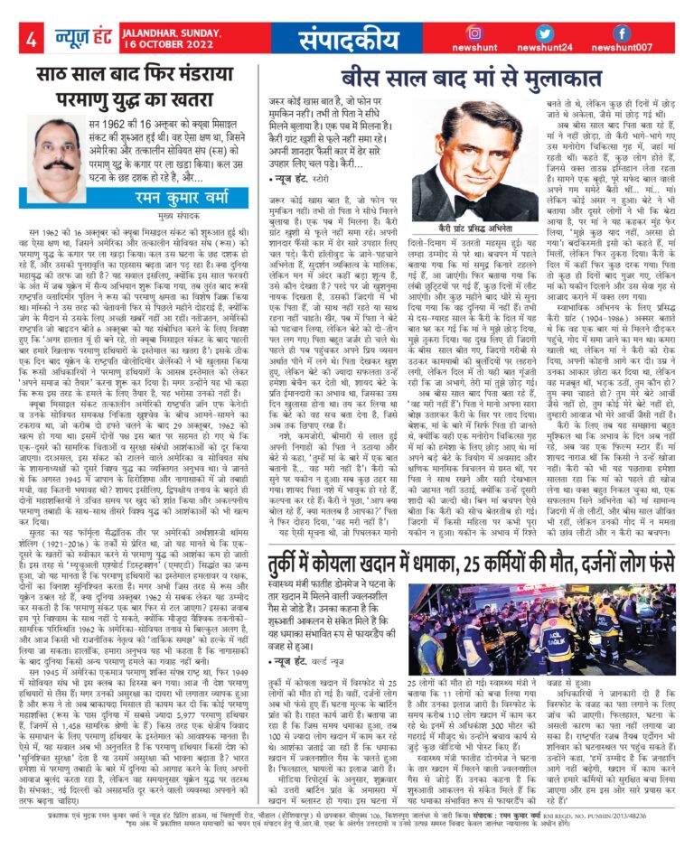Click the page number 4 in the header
(x=30, y=40)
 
